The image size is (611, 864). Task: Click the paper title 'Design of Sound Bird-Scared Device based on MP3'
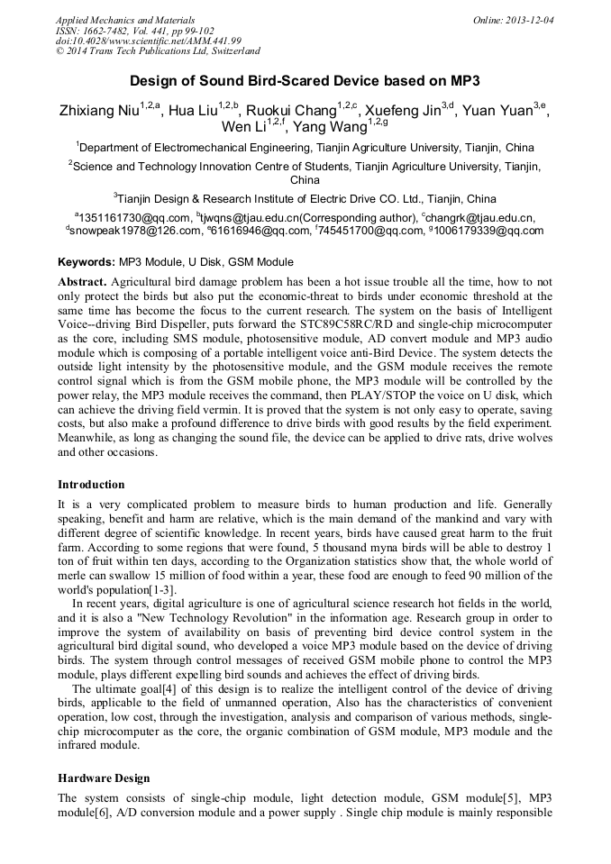tap(305, 79)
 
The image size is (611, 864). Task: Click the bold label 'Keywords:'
tap(86, 262)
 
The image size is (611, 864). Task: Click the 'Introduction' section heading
tap(91, 485)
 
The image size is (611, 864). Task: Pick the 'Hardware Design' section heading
tap(104, 778)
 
